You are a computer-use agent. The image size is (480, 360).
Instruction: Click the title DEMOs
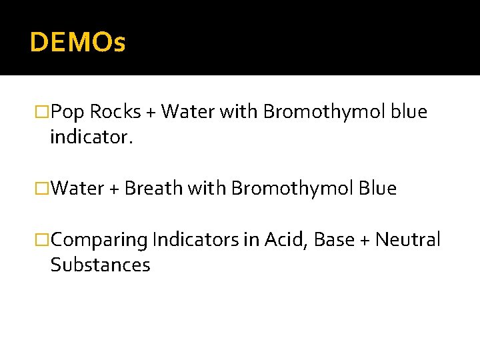77,43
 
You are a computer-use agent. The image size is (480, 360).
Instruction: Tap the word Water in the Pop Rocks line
183,112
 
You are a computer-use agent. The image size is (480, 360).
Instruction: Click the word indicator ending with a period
91,138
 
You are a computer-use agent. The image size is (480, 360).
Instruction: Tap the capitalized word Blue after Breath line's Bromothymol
377,189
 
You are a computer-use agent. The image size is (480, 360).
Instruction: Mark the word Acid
283,239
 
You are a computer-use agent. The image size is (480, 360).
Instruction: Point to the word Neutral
408,239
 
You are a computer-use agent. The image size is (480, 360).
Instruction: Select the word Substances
100,265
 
